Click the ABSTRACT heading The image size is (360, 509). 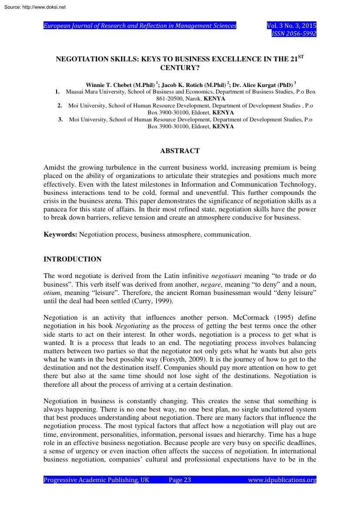click(x=180, y=151)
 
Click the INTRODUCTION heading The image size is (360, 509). click(x=73, y=259)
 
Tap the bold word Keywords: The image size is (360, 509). click(x=61, y=234)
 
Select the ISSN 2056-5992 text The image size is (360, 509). click(x=294, y=33)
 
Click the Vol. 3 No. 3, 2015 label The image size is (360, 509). click(x=291, y=26)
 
